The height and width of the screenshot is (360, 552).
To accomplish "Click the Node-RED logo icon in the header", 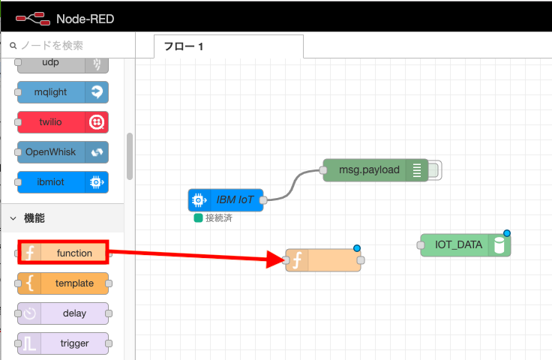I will [31, 16].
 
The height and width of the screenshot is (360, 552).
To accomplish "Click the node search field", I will [71, 45].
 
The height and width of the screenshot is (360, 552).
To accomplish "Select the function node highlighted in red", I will [64, 253].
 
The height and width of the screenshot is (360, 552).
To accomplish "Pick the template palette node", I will [64, 283].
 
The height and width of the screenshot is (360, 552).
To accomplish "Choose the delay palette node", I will [64, 313].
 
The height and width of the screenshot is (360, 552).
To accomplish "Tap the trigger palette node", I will [64, 343].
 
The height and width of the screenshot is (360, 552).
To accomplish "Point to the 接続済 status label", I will [220, 218].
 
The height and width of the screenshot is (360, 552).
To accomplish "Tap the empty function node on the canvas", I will [323, 260].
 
